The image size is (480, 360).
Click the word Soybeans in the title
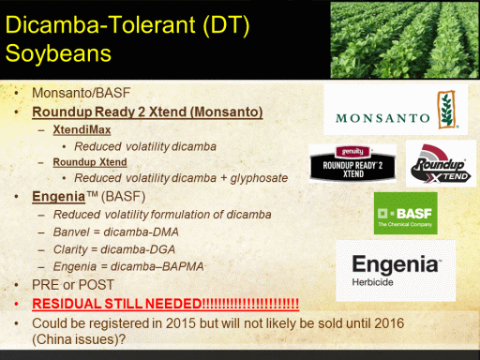[58, 53]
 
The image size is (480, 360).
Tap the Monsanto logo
[396, 110]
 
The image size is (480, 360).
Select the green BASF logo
[406, 213]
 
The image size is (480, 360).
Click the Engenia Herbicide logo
[396, 271]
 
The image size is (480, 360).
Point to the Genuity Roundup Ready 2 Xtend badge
[352, 163]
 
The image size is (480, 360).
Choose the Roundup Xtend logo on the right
[441, 163]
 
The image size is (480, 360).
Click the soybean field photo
[405, 40]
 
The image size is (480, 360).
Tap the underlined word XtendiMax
[82, 129]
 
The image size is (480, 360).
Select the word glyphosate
[259, 178]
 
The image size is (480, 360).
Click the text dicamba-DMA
[141, 232]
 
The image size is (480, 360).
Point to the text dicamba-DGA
[138, 249]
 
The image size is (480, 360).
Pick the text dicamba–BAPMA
[157, 266]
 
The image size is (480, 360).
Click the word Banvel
[71, 232]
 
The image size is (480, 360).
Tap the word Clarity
[70, 249]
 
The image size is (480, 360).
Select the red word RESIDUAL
[67, 304]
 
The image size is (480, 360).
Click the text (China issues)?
[79, 339]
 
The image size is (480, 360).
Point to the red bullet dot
[16, 304]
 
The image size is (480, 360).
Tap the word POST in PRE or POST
[97, 285]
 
